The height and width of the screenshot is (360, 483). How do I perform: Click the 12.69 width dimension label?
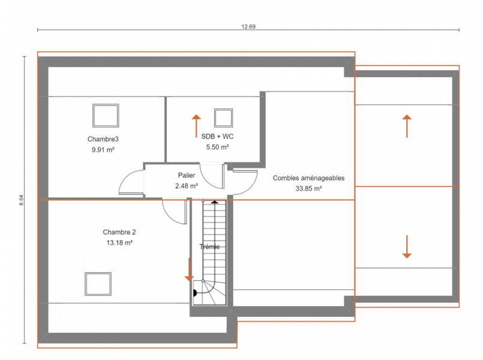point(248,26)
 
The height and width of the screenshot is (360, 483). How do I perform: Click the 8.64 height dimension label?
point(21,200)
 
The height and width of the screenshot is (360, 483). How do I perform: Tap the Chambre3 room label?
point(103,139)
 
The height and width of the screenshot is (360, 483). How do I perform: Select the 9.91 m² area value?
point(103,150)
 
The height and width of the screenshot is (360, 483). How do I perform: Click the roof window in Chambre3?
point(106,115)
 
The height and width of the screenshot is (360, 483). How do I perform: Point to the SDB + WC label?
point(217,136)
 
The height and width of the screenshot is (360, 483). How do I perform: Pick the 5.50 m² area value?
point(217,147)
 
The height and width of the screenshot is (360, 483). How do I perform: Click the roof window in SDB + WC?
point(223,118)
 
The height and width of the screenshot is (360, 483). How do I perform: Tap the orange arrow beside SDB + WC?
point(196,126)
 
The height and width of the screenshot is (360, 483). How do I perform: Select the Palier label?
point(187,175)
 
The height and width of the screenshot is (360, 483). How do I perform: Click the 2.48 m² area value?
point(187,186)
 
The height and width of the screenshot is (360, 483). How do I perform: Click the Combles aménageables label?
point(308,178)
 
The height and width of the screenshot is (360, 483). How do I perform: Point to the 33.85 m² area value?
point(308,188)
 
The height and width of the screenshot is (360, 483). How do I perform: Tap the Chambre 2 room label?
point(119,232)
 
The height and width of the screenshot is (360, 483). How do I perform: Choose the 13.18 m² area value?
point(119,243)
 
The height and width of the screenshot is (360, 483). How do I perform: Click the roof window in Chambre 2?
point(98,284)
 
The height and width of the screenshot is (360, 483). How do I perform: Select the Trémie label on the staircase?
point(209,247)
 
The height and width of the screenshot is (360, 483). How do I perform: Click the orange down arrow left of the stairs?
point(189,270)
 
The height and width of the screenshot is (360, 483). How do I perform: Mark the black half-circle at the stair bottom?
point(194,293)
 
